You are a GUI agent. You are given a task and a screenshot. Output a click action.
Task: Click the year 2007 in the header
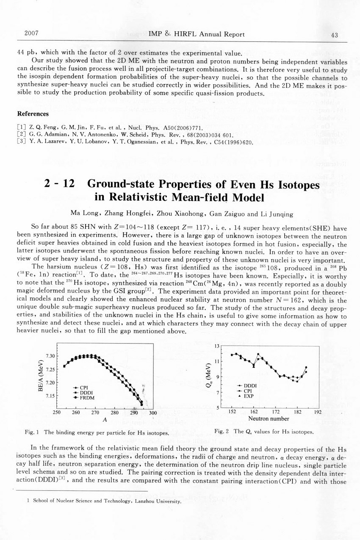coord(32,33)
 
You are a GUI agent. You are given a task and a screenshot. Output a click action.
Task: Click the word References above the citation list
coord(33,114)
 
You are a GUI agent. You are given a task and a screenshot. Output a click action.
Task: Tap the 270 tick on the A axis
coord(95,413)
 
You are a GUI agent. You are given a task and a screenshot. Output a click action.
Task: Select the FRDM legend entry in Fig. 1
coord(87,398)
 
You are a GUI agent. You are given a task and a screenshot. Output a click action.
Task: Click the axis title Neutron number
coord(269,419)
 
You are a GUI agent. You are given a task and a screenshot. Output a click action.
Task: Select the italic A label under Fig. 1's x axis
coord(104,419)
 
